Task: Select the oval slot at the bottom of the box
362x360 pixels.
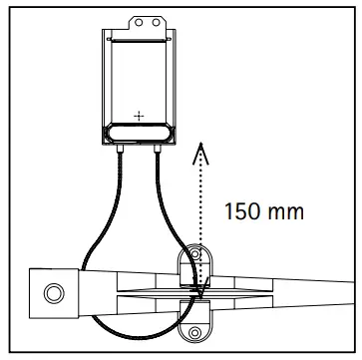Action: tap(139, 132)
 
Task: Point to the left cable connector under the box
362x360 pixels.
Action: tap(119, 147)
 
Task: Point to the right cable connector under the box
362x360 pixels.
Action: tap(161, 147)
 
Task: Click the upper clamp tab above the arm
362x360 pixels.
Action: tap(197, 261)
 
